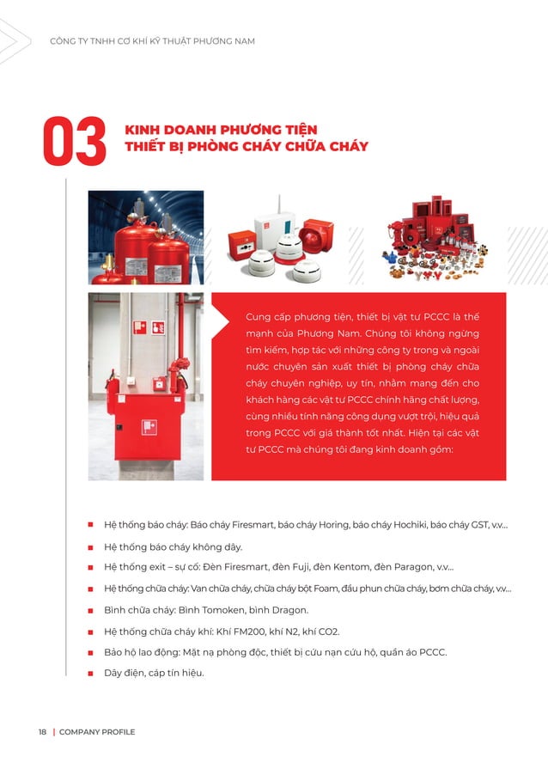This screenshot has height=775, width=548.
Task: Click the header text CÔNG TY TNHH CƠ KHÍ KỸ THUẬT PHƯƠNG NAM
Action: pos(152,41)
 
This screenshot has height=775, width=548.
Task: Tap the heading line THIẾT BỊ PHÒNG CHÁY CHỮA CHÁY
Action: pos(247,147)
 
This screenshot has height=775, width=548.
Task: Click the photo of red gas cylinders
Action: pos(146,236)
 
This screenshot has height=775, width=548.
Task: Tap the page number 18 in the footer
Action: pos(42,732)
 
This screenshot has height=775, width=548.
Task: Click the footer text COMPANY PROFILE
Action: pos(97,732)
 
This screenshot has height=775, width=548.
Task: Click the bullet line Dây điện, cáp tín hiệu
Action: pos(154,673)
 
